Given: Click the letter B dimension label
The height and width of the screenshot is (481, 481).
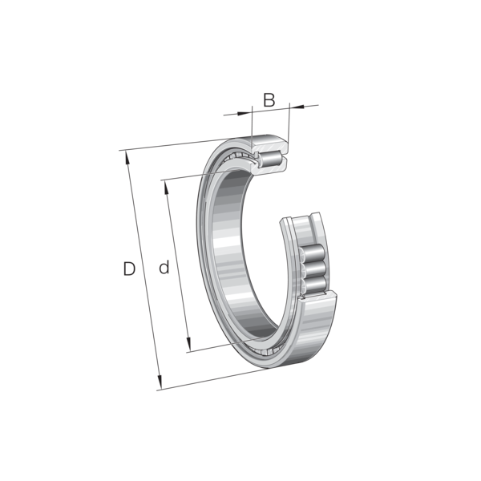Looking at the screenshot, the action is (x=269, y=99).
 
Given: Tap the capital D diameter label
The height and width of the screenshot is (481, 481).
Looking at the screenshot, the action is (x=129, y=269).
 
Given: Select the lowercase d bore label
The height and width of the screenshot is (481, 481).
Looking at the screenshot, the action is (x=164, y=267).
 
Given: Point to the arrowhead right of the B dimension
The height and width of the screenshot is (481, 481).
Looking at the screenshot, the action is (x=297, y=107).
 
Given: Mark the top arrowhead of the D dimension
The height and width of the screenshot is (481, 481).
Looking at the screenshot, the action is (x=127, y=158).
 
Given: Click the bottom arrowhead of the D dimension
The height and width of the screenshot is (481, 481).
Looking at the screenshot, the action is (x=160, y=382).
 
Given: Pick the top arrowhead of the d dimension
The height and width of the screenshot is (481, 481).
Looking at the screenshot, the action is (x=166, y=188).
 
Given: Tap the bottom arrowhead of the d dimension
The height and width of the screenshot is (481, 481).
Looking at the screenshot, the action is (x=188, y=344).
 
